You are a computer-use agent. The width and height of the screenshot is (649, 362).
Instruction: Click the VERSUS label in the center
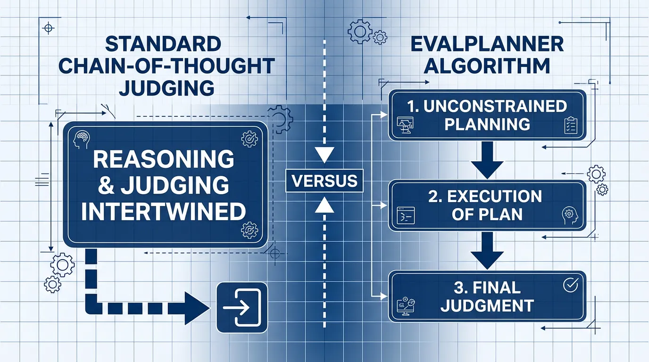324,181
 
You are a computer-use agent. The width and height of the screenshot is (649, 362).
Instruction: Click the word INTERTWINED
164,212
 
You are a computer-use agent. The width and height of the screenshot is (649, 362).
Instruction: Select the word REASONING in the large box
164,160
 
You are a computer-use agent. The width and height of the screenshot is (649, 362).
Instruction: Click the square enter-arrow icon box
241,307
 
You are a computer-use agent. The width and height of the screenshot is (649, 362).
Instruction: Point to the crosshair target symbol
48,28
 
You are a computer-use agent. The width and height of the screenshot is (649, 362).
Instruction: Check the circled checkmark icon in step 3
570,285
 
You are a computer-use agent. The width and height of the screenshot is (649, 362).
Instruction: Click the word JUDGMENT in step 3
487,305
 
